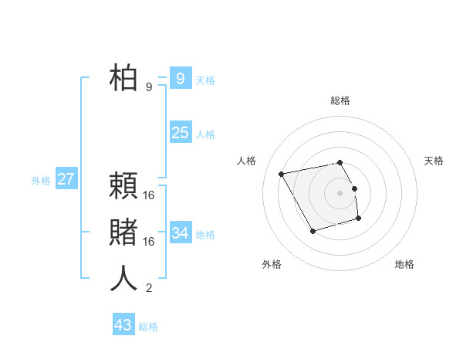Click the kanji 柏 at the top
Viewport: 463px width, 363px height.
click(x=123, y=78)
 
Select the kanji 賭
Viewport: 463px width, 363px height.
click(x=123, y=232)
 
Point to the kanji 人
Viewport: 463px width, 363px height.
click(x=123, y=279)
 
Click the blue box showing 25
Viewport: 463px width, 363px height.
click(x=180, y=133)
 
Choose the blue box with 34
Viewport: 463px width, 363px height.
click(x=180, y=232)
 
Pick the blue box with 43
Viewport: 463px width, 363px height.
click(x=123, y=325)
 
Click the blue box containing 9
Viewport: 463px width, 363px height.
click(x=180, y=78)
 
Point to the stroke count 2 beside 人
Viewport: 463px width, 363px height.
click(x=149, y=289)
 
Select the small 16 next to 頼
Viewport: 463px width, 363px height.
click(x=149, y=195)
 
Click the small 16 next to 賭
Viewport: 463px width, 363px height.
click(x=149, y=242)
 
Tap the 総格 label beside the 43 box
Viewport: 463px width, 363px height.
click(x=148, y=327)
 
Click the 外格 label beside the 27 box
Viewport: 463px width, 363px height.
click(x=41, y=181)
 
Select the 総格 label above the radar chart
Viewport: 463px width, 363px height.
click(x=340, y=100)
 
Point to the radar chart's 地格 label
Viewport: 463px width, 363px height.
click(x=404, y=264)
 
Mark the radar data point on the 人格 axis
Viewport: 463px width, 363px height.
click(x=282, y=174)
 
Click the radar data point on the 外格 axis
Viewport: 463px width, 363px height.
click(x=313, y=231)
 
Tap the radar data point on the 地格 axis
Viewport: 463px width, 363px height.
click(x=359, y=219)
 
